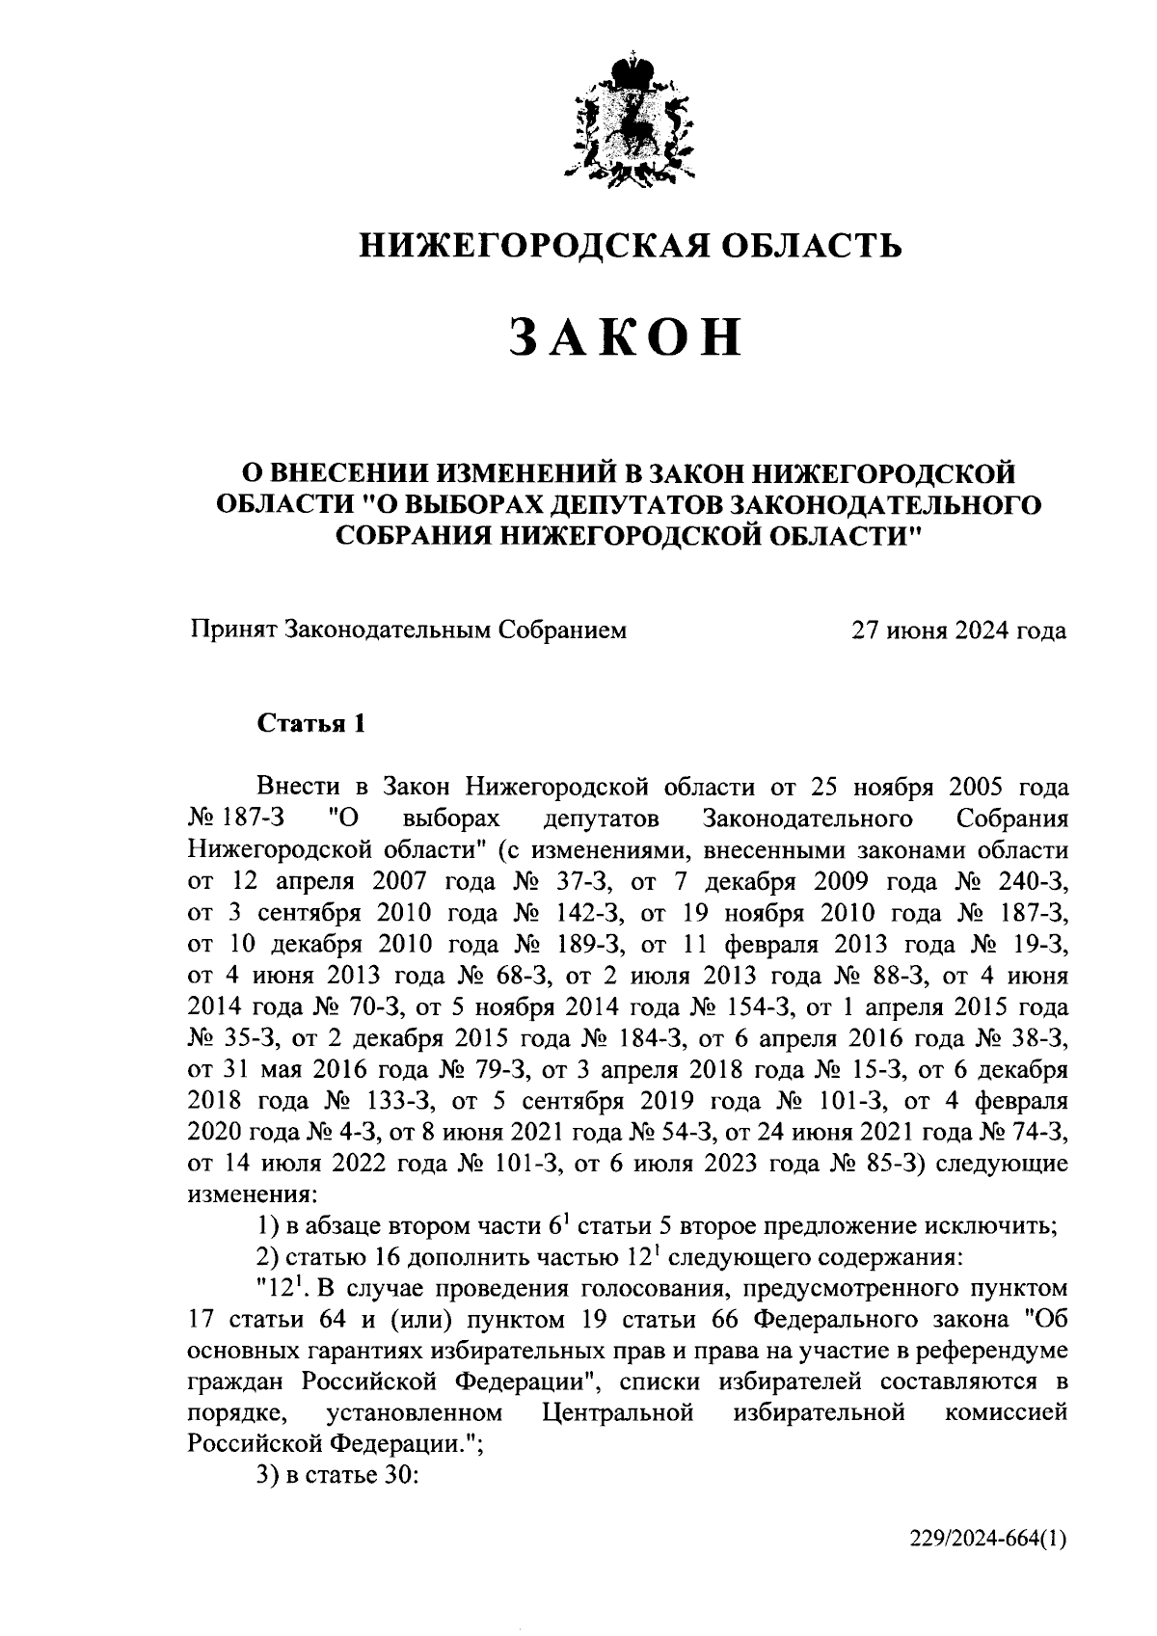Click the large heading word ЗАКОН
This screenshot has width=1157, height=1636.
pyautogui.click(x=628, y=337)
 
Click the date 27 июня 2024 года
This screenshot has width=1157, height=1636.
pyautogui.click(x=957, y=630)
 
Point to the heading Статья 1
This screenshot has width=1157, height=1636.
pyautogui.click(x=311, y=724)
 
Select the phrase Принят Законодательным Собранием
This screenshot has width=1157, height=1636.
pyautogui.click(x=408, y=630)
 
